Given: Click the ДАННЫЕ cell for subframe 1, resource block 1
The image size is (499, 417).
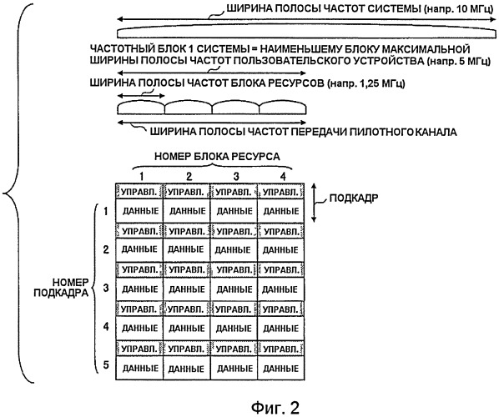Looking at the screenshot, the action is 139,211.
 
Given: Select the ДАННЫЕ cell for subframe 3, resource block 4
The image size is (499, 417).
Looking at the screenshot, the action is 281,289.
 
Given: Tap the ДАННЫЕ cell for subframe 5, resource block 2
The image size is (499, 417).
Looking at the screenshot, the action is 186,368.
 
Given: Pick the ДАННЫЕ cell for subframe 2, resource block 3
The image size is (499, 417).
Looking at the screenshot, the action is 234,249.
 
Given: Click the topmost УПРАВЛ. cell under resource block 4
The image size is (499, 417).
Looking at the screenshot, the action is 281,192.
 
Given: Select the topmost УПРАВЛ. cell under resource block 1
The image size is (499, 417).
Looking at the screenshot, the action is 139,192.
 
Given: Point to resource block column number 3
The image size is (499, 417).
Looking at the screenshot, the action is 236,176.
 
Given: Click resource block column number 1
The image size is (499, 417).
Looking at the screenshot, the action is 142,176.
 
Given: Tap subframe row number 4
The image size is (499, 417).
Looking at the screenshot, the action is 106,327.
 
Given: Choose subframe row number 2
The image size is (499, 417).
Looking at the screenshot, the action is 106,249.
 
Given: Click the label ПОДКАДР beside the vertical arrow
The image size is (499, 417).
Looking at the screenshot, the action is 354,198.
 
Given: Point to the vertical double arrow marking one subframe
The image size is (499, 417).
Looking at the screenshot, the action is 314,203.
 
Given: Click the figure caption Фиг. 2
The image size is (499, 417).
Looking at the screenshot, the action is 275,407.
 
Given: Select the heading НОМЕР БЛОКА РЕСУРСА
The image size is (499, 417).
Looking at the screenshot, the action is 217,157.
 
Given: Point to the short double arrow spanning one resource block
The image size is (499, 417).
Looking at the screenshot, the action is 141,96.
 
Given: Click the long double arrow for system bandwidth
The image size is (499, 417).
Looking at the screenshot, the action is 306,19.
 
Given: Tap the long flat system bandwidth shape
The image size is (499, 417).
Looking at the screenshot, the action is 306,33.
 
